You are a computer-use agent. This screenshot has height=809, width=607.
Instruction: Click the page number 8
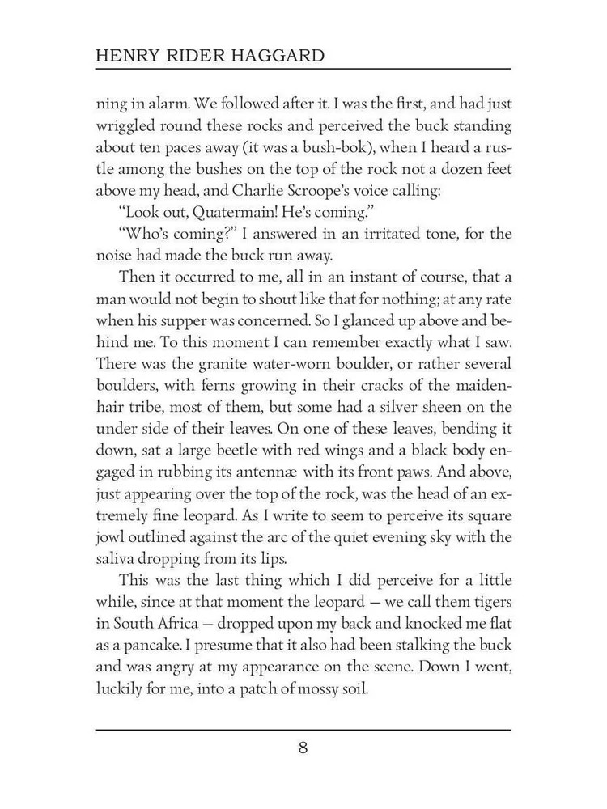tap(303, 747)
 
